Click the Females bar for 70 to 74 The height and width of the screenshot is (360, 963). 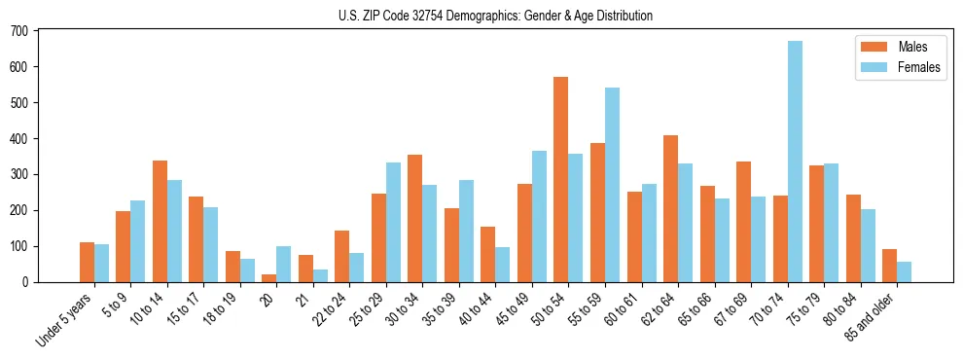coord(796,162)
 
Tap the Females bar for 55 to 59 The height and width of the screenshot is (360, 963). coord(613,185)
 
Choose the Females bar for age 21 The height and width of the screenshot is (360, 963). coord(321,275)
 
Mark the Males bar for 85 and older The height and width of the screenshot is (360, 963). coord(890,266)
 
